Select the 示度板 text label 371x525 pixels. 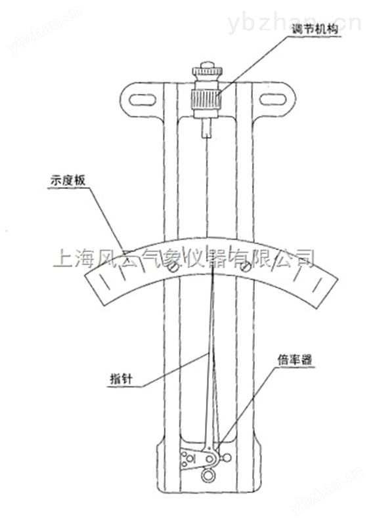pos(68,180)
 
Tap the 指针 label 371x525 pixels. pos(121,379)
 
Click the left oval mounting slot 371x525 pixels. pos(142,100)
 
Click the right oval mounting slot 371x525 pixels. pos(273,100)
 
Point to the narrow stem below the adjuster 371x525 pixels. pos(207,129)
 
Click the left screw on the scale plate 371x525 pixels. pos(174,268)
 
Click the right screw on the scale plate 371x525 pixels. pos(246,267)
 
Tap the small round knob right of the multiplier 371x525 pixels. pos(227,457)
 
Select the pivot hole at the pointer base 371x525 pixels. pos(209,459)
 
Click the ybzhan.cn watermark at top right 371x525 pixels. pos(294,22)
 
